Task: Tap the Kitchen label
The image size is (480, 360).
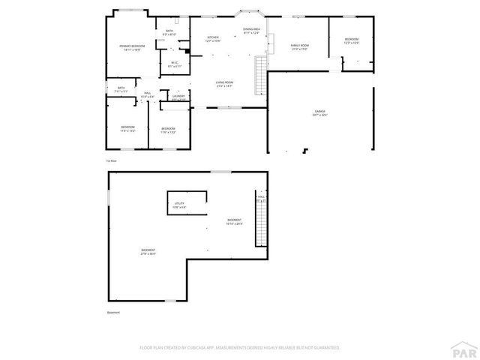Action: [213, 39]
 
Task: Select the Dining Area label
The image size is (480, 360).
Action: [250, 31]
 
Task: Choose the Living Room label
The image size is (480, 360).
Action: [225, 84]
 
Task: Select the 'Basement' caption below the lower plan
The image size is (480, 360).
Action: [112, 313]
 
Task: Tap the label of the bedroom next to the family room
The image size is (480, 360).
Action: [352, 40]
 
